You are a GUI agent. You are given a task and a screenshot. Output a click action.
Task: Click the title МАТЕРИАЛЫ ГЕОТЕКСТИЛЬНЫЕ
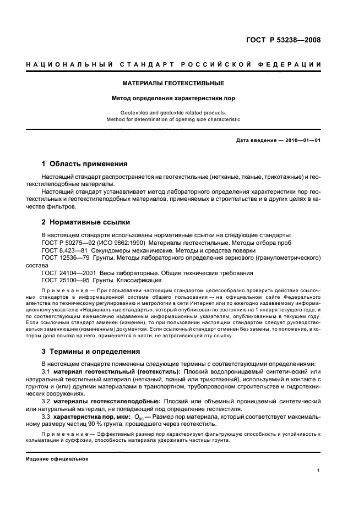(x=173, y=84)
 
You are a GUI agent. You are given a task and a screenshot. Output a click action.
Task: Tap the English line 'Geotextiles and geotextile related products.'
(x=173, y=112)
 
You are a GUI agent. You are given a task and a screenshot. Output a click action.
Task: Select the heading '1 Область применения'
(x=85, y=163)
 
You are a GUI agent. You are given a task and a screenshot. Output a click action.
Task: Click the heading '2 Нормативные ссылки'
(x=86, y=222)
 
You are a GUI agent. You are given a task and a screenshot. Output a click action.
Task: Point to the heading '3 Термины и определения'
(x=91, y=351)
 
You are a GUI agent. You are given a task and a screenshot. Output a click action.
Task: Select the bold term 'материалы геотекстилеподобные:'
(x=105, y=401)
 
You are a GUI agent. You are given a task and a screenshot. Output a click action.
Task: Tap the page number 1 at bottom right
(x=319, y=470)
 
